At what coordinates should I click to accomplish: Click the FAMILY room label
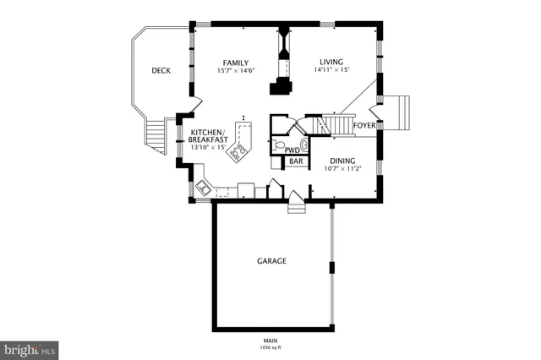pos(235,63)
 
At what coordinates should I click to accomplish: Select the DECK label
pos(161,71)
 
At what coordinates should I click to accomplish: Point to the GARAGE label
pos(271,261)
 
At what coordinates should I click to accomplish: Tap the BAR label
pos(296,161)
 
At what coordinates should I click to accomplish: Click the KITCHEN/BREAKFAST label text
pos(207,136)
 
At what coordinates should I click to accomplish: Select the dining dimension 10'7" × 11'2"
pos(342,167)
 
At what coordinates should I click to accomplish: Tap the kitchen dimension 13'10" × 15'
pos(207,147)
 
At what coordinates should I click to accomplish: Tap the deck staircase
pos(156,135)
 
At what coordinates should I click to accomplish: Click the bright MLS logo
pos(30,349)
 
